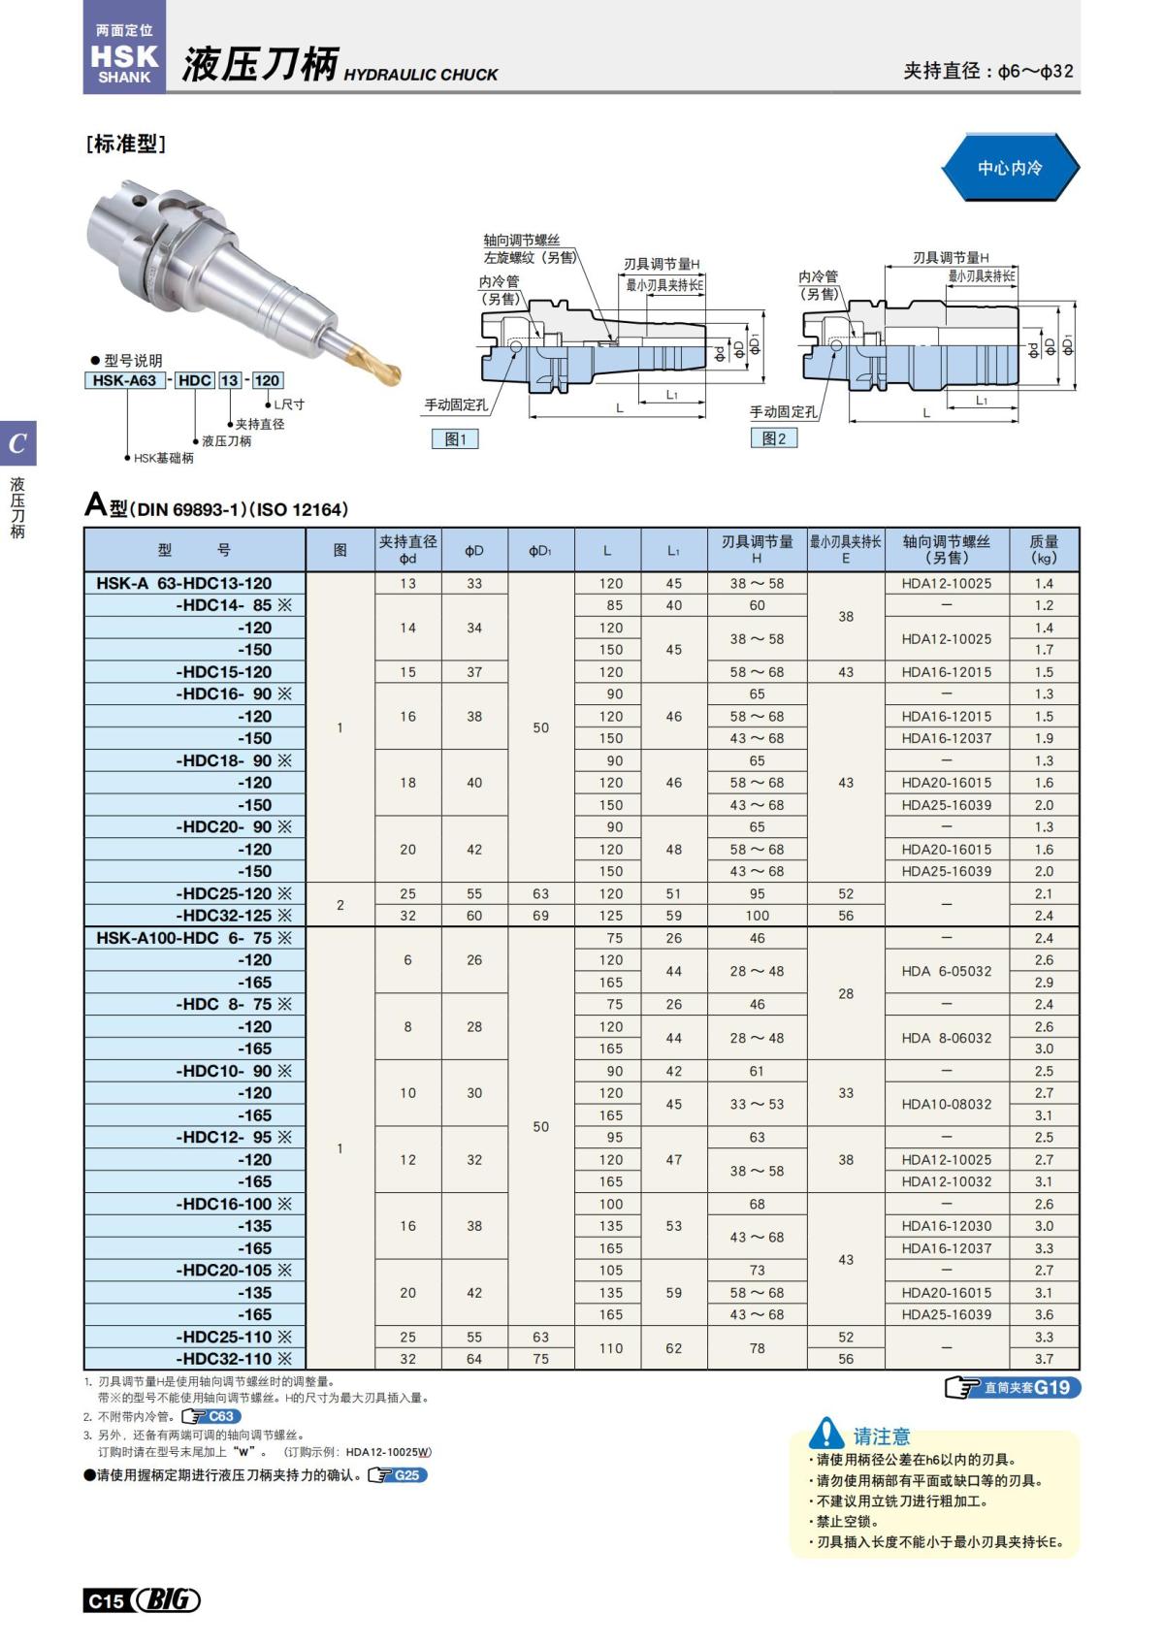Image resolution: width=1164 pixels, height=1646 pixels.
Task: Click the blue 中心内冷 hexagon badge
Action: point(1009,168)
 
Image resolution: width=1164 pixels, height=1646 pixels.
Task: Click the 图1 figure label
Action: point(455,439)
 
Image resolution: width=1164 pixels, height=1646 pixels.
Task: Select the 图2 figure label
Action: point(774,438)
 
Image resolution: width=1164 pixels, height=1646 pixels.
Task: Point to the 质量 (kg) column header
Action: point(1044,549)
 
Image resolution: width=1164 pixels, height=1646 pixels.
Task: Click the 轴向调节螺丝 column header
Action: point(946,549)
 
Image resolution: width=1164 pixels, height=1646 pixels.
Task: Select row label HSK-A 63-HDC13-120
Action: point(184,583)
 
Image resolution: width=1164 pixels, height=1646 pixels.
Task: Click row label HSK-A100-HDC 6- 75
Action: point(184,938)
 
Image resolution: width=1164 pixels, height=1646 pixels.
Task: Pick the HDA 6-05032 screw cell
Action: point(946,971)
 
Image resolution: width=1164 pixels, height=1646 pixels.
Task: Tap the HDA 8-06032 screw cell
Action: point(946,1038)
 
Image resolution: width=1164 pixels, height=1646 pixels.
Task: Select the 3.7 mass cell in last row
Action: point(1044,1359)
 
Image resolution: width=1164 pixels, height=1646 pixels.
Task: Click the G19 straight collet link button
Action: point(1013,1388)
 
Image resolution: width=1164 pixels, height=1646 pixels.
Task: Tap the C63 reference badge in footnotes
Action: point(211,1416)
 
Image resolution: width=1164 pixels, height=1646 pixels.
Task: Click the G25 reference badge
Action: point(398,1475)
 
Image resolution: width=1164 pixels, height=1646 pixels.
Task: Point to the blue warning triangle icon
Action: point(826,1433)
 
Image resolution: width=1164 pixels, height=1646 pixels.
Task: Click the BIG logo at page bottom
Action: point(167,1599)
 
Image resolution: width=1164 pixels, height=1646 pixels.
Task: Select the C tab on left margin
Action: point(17,444)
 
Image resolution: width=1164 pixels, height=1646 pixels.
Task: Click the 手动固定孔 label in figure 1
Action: point(456,404)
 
